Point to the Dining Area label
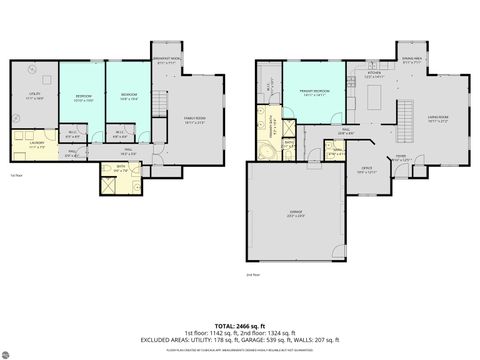(x=409, y=60)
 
